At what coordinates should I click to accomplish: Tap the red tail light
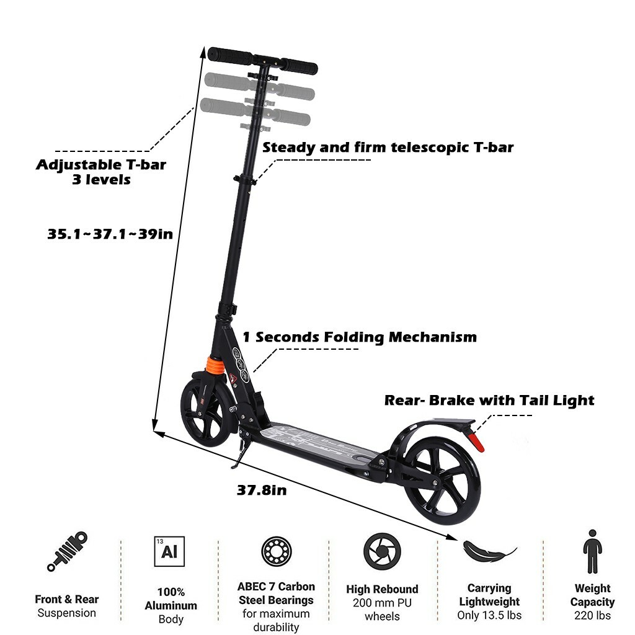(x=476, y=440)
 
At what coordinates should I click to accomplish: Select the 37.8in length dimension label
(x=262, y=490)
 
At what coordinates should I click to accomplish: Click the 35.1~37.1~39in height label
(x=110, y=234)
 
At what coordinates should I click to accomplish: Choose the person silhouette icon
(x=592, y=551)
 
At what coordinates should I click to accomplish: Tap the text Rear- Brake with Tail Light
(x=489, y=400)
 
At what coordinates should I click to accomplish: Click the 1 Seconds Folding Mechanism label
(x=360, y=337)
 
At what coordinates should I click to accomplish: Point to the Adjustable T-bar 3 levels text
(x=100, y=172)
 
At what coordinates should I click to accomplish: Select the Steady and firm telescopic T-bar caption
(x=388, y=147)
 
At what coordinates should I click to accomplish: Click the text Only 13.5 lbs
(x=489, y=615)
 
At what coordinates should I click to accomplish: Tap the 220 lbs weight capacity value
(x=593, y=615)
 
